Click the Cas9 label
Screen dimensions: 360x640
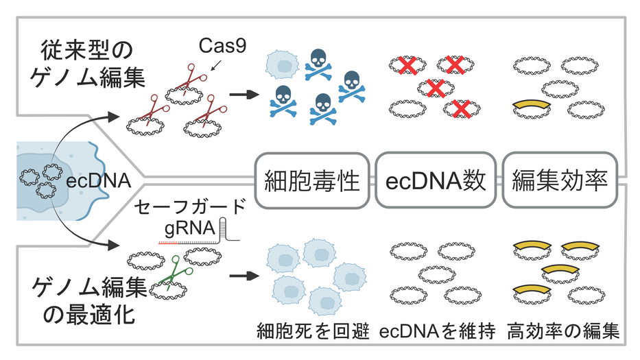click(222, 45)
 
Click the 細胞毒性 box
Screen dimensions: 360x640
click(312, 182)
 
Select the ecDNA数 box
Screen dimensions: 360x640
click(436, 182)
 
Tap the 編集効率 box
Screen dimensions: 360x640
click(559, 182)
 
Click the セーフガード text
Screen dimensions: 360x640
click(189, 207)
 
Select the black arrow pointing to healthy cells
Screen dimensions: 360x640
click(239, 277)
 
